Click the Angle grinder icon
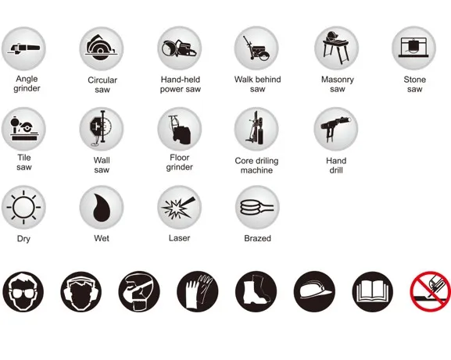click(23, 48)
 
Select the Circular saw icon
click(102, 48)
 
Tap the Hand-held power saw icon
click(180, 48)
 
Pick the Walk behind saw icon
click(256, 48)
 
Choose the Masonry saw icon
click(336, 48)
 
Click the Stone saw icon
click(414, 48)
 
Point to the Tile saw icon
click(23, 129)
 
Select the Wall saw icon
click(102, 129)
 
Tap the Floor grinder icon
click(180, 129)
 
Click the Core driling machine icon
click(256, 129)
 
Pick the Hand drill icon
click(336, 129)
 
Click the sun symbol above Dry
click(23, 207)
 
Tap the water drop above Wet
click(102, 207)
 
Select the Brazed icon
click(257, 207)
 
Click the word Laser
click(180, 238)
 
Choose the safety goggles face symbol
click(23, 291)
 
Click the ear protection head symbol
click(81, 291)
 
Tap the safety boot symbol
click(256, 291)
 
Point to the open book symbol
click(373, 291)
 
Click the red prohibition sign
click(431, 291)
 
